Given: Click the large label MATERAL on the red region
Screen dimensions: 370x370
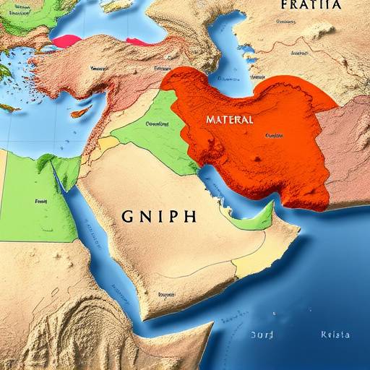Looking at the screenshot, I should click(229, 119).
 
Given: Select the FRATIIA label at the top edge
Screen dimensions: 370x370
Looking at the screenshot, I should click(310, 4).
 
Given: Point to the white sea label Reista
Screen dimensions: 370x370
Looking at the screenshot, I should click(335, 335).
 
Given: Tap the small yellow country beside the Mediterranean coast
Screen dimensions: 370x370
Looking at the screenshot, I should click(108, 143).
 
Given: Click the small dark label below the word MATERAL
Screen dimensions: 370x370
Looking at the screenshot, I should click(274, 135).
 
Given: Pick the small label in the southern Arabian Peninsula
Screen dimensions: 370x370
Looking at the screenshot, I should click(165, 295).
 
